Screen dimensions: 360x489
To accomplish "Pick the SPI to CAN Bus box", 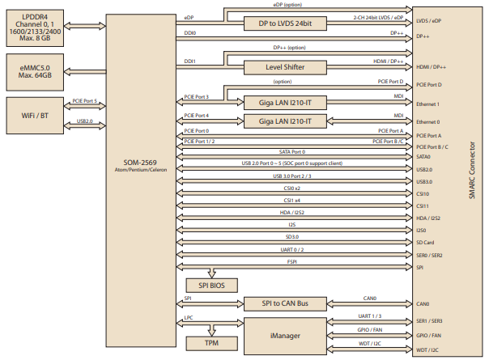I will click(x=285, y=303).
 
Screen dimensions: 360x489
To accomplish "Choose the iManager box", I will click(x=285, y=333).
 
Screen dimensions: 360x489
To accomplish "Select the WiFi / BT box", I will click(x=33, y=116).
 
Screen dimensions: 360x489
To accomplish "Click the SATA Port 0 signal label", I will click(x=292, y=151).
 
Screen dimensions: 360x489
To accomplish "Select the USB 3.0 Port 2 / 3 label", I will click(x=292, y=175).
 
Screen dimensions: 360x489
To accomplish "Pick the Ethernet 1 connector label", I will click(x=428, y=104).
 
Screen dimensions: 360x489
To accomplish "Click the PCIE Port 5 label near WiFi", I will click(x=84, y=101).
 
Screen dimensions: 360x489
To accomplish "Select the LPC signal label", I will click(x=189, y=318).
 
